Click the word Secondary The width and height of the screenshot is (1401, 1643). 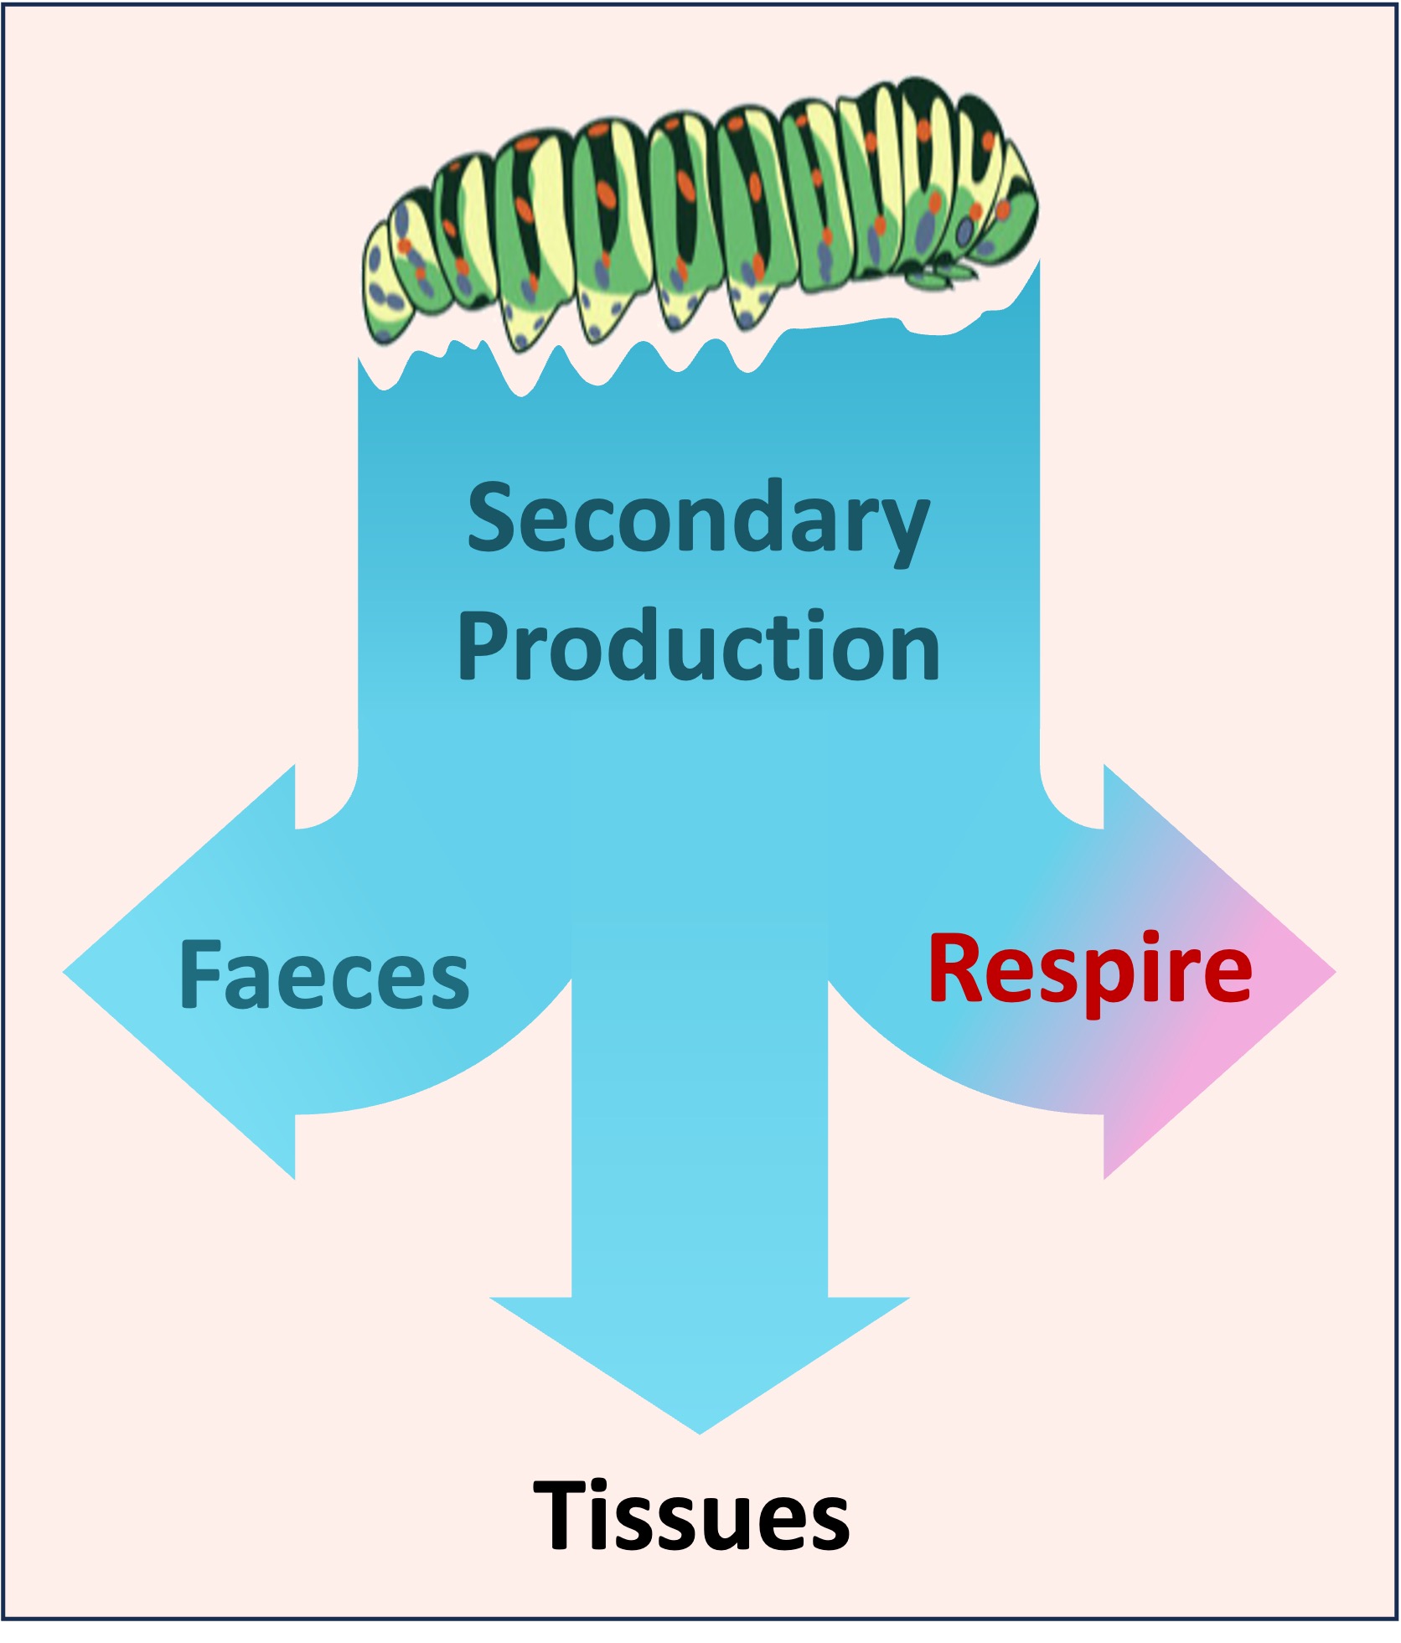(697, 519)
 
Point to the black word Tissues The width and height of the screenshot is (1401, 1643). (692, 1516)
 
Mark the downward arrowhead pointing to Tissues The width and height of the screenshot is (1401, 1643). (700, 1357)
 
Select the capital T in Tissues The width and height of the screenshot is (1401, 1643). (564, 1515)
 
